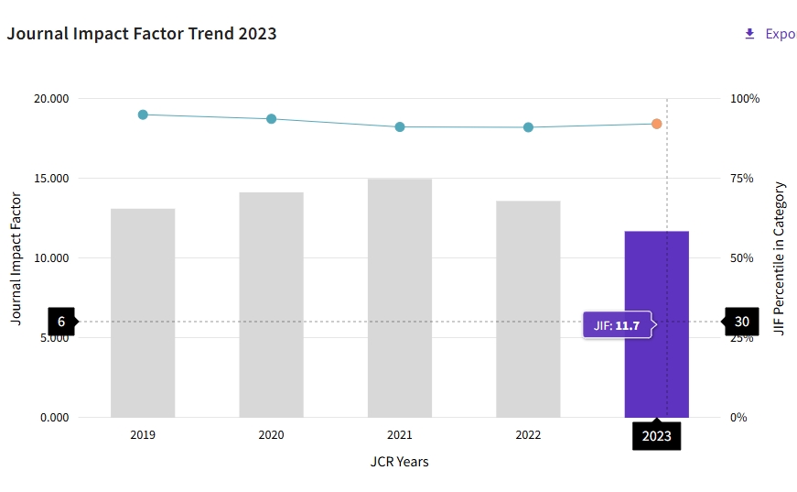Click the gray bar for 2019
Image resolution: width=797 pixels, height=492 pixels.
[x=143, y=312]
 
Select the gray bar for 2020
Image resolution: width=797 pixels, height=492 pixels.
[x=271, y=304]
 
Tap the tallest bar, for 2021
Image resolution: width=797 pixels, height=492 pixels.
[x=400, y=298]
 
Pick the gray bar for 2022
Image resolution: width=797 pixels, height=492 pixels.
[x=528, y=309]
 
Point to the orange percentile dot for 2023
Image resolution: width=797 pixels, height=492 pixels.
[x=657, y=124]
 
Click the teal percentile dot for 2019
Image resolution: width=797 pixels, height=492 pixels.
[x=143, y=115]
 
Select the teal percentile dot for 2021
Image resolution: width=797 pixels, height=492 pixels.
[x=400, y=126]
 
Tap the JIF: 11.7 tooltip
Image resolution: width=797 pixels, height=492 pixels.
[x=617, y=325]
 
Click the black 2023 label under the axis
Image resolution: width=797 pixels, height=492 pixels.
[x=657, y=436]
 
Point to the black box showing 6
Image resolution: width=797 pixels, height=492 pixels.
[x=61, y=322]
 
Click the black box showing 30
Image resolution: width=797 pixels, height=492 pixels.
[x=741, y=322]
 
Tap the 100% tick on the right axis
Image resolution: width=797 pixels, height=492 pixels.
[x=746, y=99]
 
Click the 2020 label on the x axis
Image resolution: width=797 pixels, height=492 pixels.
[x=271, y=435]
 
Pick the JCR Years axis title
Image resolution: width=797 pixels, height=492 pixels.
[x=399, y=462]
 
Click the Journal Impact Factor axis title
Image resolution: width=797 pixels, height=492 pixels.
[x=16, y=257]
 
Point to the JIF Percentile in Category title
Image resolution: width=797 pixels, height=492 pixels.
[x=780, y=257]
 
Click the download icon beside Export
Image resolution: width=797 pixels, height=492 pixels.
[x=749, y=34]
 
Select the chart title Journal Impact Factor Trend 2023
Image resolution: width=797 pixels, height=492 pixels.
[x=142, y=34]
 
